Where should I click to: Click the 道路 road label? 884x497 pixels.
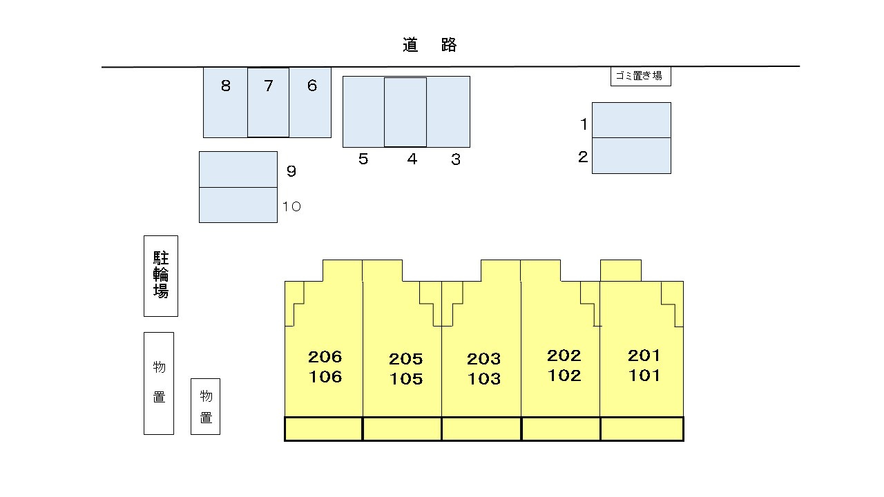[x=430, y=45]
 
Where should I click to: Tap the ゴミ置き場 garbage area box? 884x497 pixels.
[x=640, y=76]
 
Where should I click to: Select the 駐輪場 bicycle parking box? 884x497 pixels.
[x=161, y=276]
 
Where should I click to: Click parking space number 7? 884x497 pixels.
[x=269, y=103]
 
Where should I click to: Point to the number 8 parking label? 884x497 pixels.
[x=226, y=86]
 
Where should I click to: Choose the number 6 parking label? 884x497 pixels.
[x=312, y=86]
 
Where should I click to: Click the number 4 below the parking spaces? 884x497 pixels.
[x=412, y=159]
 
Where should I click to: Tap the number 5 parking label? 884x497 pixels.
[x=363, y=159]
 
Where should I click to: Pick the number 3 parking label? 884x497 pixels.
[x=456, y=159]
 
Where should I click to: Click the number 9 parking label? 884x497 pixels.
[x=291, y=170]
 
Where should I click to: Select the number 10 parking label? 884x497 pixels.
[x=291, y=206]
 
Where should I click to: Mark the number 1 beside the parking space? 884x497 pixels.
[x=584, y=124]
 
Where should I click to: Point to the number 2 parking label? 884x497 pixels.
[x=583, y=157]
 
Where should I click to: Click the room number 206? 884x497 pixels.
[x=325, y=357]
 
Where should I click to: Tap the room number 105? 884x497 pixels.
[x=406, y=379]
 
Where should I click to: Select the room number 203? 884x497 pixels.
[x=484, y=359]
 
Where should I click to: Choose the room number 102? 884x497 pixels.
[x=564, y=376]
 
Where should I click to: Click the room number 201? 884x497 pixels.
[x=644, y=355]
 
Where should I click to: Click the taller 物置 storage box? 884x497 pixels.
[x=159, y=383]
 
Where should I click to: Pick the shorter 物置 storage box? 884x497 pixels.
[x=206, y=407]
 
